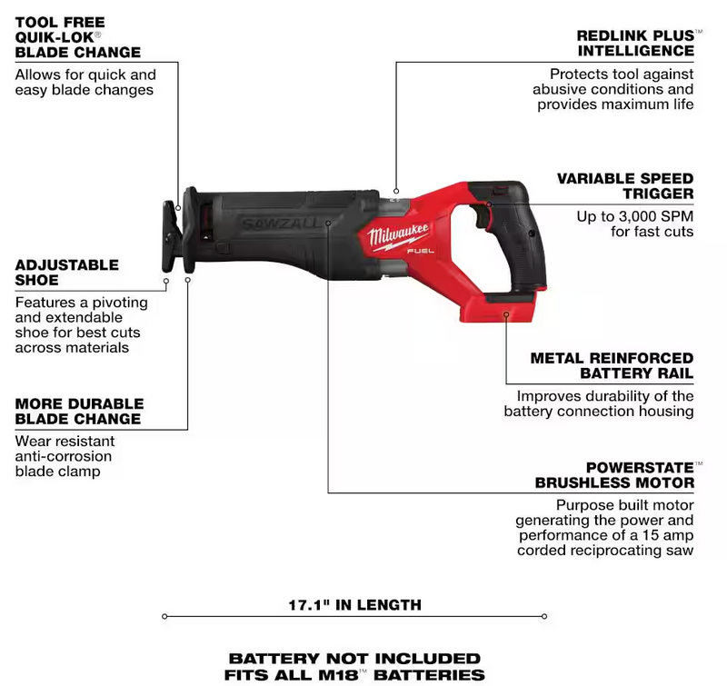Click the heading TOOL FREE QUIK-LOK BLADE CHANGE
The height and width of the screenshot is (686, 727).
tap(77, 37)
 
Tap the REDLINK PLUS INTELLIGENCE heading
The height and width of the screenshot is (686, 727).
tap(635, 43)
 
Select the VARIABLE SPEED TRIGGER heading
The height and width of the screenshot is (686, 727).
tap(625, 185)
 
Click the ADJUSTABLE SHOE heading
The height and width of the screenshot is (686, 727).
tap(66, 273)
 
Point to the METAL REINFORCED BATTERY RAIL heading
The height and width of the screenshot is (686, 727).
tap(612, 365)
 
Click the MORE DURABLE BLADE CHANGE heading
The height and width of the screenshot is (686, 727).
tap(78, 411)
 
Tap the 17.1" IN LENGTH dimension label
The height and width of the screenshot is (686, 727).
tap(354, 604)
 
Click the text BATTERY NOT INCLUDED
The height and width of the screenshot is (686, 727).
tap(354, 658)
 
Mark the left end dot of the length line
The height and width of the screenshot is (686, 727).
tap(164, 616)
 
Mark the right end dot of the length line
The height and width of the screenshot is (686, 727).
tap(544, 616)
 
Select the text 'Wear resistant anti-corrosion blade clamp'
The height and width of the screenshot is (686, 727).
tap(64, 456)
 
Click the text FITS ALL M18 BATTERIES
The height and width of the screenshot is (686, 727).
tap(354, 675)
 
